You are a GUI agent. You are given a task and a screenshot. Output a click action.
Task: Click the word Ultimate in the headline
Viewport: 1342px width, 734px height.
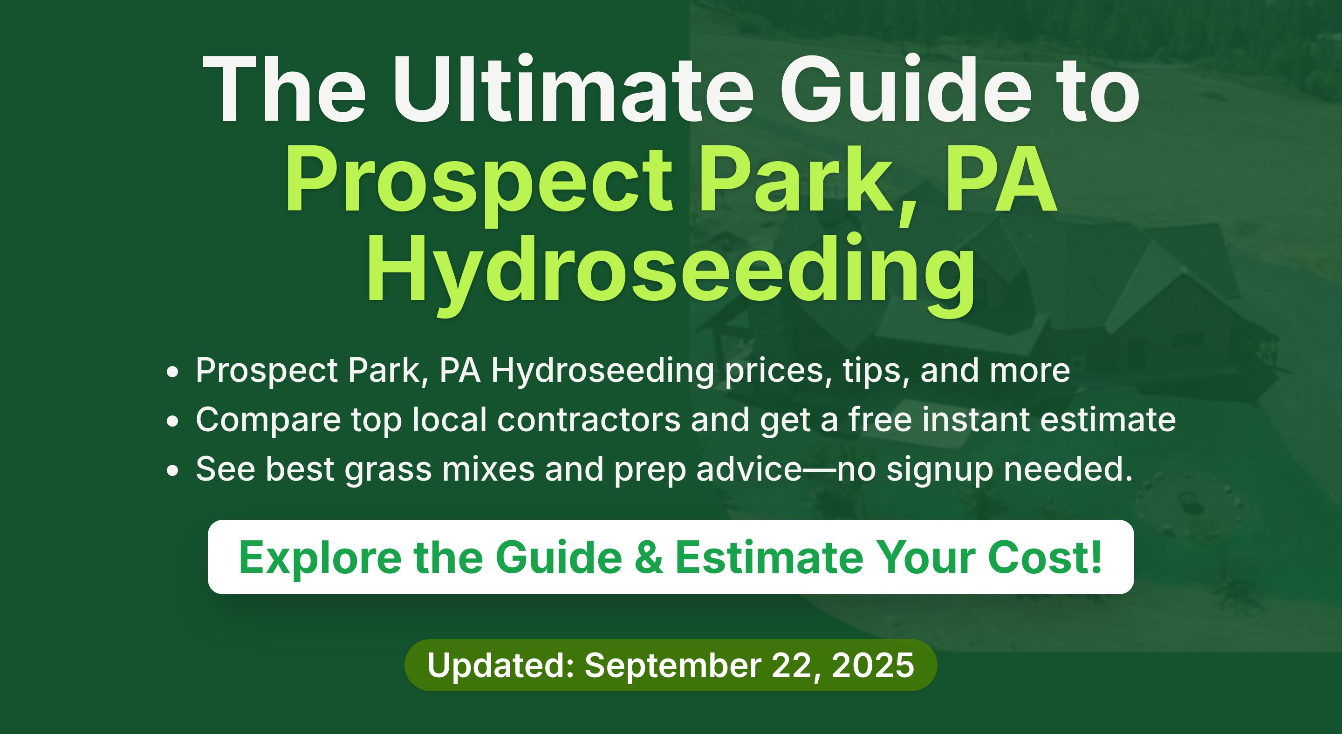pos(573,89)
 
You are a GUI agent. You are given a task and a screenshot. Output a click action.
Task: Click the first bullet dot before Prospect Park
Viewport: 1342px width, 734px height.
pos(172,372)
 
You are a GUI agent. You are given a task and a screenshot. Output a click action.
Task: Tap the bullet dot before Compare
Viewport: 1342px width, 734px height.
pos(172,421)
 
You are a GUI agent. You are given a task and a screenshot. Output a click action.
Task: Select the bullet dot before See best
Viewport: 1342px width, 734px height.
pos(172,470)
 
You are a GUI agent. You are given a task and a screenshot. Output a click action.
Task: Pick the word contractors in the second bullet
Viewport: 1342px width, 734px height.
pos(589,420)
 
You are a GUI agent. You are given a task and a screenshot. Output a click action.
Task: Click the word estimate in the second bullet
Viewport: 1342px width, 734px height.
pos(1108,420)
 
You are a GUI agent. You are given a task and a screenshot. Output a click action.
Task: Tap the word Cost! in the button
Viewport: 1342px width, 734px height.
pos(1045,557)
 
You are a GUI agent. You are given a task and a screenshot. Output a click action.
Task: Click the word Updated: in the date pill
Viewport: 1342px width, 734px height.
pos(500,665)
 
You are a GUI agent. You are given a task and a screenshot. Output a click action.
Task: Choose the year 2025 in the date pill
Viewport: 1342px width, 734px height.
pos(873,665)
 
